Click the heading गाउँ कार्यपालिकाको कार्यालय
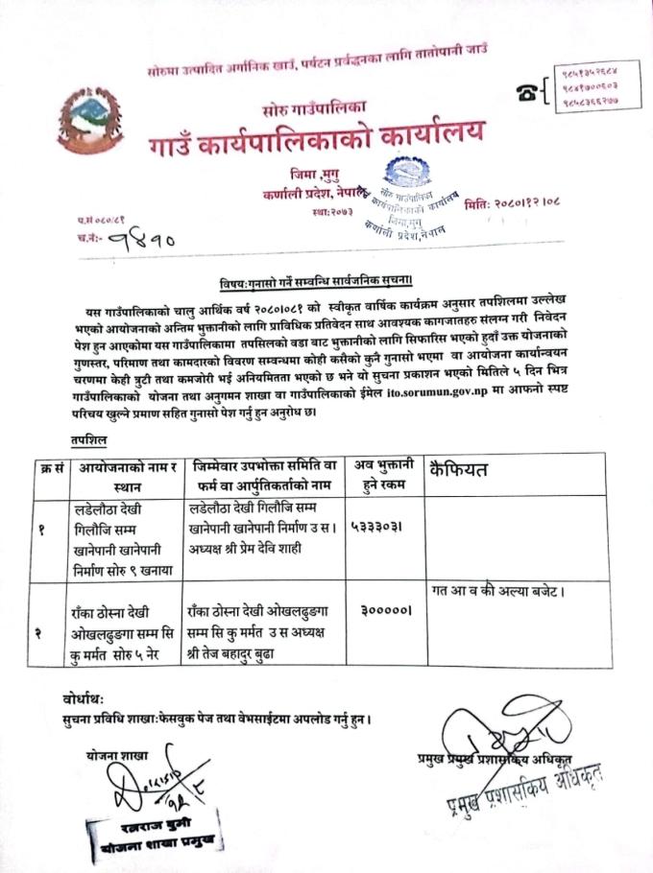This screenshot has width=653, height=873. coord(315,140)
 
